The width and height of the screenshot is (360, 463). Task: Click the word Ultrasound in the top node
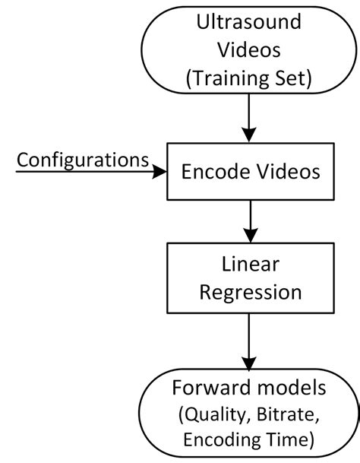249,23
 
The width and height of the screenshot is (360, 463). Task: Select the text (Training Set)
249,78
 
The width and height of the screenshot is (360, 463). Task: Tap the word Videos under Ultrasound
249,50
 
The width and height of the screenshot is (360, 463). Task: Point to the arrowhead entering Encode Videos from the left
159,173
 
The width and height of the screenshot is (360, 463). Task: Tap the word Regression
249,292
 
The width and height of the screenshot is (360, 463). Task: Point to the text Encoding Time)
249,439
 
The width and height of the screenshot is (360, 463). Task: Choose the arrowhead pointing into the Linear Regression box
249,236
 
